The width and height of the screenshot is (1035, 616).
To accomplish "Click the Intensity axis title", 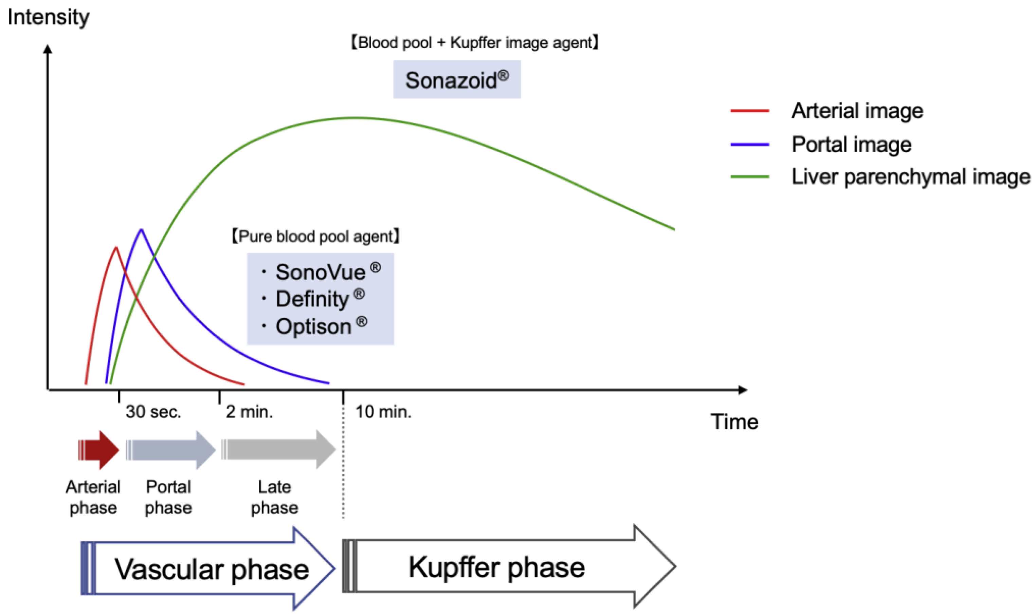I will [x=48, y=17].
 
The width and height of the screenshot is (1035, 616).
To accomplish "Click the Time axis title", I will [x=734, y=422].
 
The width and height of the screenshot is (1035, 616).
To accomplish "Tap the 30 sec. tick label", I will [x=154, y=412].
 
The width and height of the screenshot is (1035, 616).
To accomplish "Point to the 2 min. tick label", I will [x=249, y=412].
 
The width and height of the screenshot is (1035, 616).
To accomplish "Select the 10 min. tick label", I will [x=383, y=412].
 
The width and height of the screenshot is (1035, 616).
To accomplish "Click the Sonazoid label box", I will [x=457, y=80].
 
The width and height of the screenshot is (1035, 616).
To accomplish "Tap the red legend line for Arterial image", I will [x=750, y=111].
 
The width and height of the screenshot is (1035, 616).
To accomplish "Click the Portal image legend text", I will [x=851, y=145].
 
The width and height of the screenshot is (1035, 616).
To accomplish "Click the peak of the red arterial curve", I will [x=116, y=248].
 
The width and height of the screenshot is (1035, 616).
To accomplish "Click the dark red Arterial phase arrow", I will [x=100, y=450].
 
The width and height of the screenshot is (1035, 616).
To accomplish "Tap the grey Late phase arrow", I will [x=278, y=450].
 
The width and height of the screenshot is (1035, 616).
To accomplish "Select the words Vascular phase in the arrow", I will [x=212, y=569].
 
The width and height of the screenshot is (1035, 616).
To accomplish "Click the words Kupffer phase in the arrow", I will [x=496, y=567].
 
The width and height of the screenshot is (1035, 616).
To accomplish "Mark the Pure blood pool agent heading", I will [x=316, y=237].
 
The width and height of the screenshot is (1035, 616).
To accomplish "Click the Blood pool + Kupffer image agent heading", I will [x=475, y=42].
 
